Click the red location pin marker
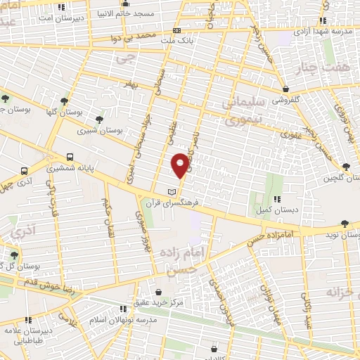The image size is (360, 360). [x=181, y=165]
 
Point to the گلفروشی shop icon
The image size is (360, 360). [x=286, y=89]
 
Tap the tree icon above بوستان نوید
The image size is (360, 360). [x=344, y=224]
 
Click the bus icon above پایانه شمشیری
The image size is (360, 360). [x=70, y=157]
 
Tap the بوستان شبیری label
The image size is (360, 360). [x=98, y=130]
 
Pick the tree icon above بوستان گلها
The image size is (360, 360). [x=65, y=101]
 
